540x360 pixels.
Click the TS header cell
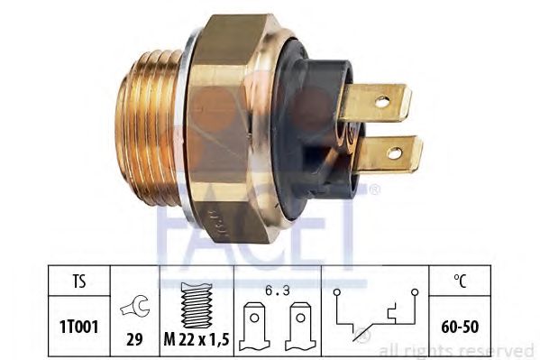(78, 281)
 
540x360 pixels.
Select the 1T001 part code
(78, 327)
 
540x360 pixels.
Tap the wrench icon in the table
(135, 306)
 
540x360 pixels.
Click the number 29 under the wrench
(134, 339)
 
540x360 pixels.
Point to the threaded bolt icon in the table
(197, 305)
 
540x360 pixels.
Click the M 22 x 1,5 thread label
(197, 340)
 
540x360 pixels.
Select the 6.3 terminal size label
(278, 291)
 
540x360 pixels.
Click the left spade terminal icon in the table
(254, 327)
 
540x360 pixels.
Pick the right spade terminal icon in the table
(300, 327)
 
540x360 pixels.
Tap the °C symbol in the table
(460, 281)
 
